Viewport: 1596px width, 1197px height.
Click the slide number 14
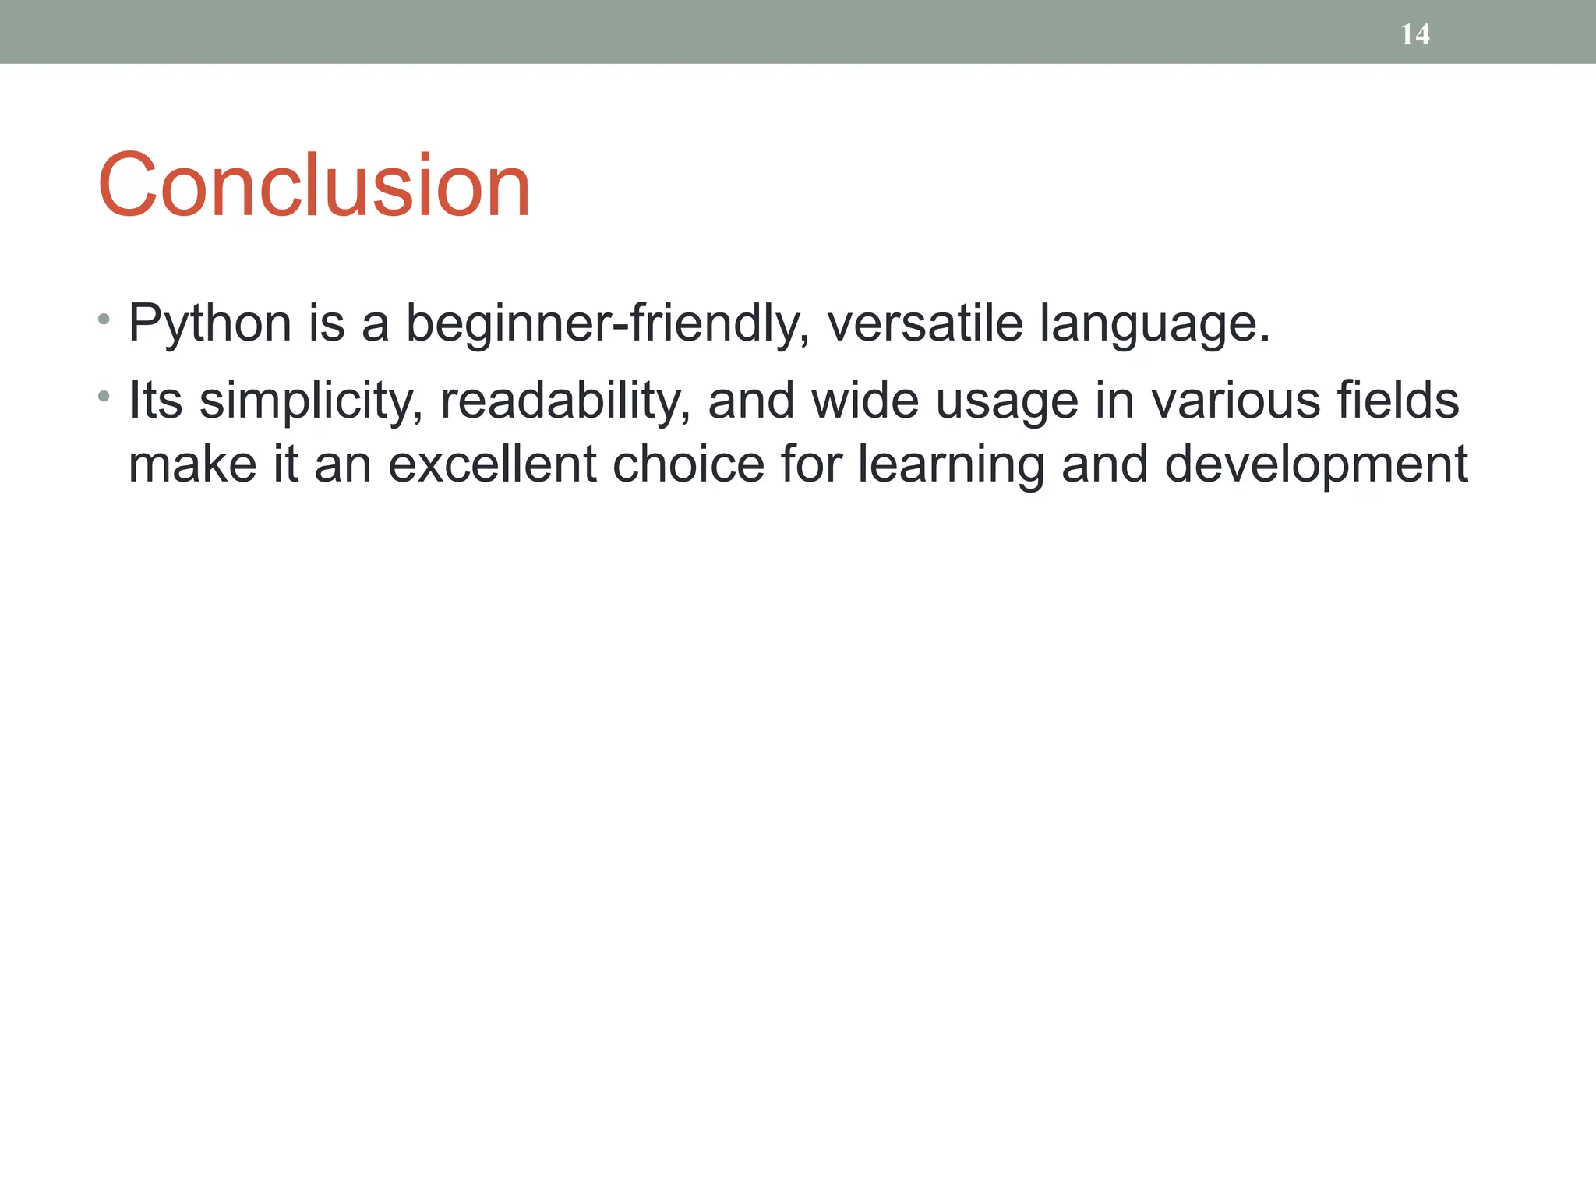coord(1414,34)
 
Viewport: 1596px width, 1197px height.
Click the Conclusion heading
coord(314,185)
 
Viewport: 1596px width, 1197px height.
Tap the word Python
coord(210,323)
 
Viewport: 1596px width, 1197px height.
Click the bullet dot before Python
coord(104,320)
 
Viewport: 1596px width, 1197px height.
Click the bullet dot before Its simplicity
coord(104,397)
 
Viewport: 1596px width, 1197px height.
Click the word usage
coord(1006,401)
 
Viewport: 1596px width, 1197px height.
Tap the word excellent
coord(491,464)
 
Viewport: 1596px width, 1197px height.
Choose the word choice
coord(688,464)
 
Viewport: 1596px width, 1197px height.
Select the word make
coord(192,464)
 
